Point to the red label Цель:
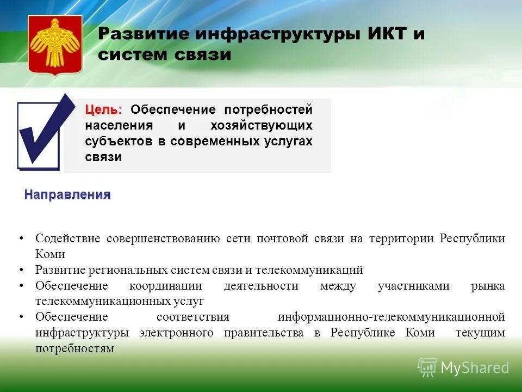pyautogui.click(x=103, y=109)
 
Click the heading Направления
pyautogui.click(x=67, y=195)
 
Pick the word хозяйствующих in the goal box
pyautogui.click(x=262, y=125)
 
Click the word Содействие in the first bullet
pyautogui.click(x=68, y=238)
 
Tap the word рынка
pyautogui.click(x=488, y=286)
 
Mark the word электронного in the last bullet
pyautogui.click(x=176, y=333)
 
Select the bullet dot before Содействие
pyautogui.click(x=21, y=239)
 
